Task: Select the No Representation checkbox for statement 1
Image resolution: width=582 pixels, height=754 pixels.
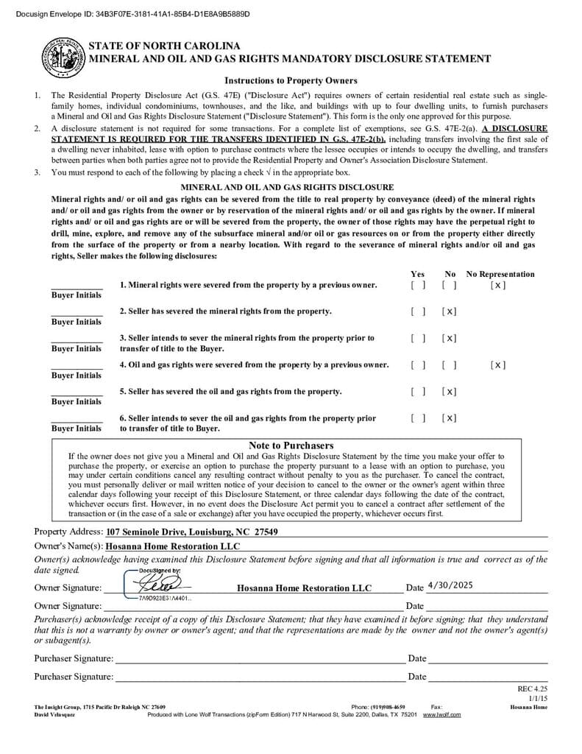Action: point(498,285)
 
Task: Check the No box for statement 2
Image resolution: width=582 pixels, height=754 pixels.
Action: point(450,311)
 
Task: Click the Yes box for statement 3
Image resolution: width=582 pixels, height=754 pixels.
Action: point(418,339)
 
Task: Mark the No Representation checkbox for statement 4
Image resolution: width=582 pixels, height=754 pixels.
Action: point(498,365)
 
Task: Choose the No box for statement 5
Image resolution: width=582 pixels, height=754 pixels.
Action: point(450,392)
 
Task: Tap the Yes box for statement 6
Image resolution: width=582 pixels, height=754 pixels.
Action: point(418,418)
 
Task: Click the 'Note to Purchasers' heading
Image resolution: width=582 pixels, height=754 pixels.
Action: point(291,445)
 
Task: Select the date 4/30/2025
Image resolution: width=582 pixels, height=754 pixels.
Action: point(450,585)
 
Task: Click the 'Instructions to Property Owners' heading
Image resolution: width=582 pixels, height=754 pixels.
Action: point(291,81)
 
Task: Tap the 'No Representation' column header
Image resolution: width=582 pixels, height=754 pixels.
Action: point(500,274)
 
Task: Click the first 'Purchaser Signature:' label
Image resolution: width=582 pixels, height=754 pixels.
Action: point(74,658)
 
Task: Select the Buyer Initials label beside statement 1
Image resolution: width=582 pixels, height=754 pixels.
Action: point(77,295)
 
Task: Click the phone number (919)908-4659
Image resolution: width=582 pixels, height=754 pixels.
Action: point(388,707)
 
